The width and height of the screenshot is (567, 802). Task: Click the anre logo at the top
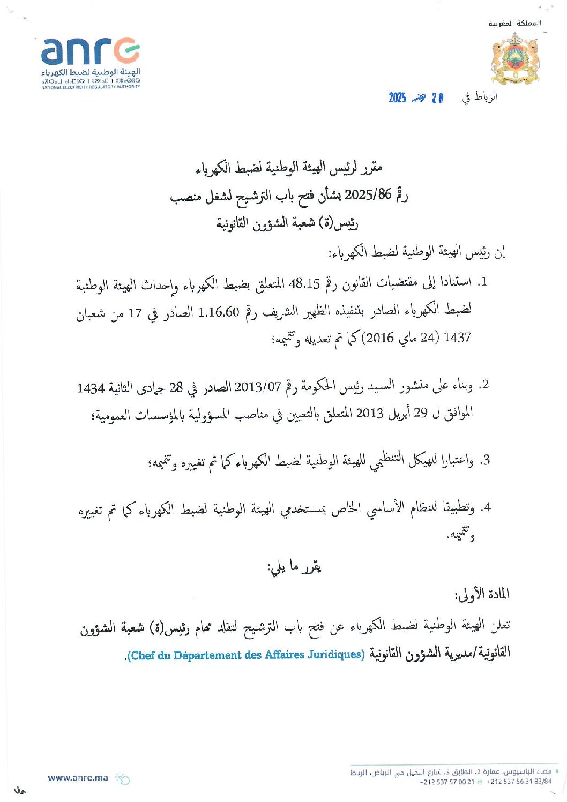[x=90, y=51]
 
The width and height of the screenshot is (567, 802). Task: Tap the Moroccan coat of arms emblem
[x=514, y=59]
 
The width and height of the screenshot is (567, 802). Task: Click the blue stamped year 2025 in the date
[x=397, y=98]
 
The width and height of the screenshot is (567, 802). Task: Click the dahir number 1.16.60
[x=218, y=312]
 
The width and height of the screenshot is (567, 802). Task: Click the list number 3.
[x=484, y=460]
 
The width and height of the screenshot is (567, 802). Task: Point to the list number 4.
[x=485, y=507]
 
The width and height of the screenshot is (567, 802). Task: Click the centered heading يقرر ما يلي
[x=294, y=566]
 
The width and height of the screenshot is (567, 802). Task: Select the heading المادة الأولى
[x=482, y=594]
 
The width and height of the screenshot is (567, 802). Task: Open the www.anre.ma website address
[x=78, y=778]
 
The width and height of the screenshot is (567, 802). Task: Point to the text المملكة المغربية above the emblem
[x=514, y=23]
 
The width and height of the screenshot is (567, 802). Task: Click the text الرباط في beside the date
[x=480, y=97]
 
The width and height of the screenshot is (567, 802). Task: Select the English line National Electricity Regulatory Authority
[x=91, y=87]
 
